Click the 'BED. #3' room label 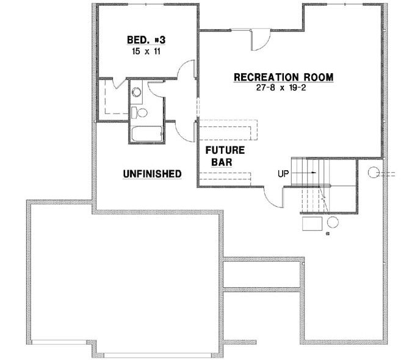pos(146,40)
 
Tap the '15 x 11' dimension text pos(146,51)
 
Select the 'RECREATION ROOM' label pos(284,77)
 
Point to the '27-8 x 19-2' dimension pos(284,88)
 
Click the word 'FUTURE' pos(225,150)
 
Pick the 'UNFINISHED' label pos(152,174)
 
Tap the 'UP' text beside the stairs pos(283,173)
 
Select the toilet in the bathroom pos(139,112)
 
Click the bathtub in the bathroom pos(146,134)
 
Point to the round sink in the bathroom pos(137,93)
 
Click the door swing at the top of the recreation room pos(258,40)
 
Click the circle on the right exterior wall pos(374,173)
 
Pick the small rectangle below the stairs pos(313,223)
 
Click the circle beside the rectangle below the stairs pos(333,221)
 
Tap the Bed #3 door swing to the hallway pos(186,70)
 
